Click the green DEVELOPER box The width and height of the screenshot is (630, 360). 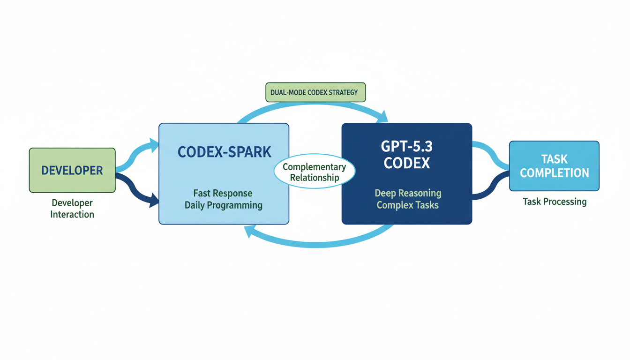(72, 170)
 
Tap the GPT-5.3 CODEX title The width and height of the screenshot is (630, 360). (406, 154)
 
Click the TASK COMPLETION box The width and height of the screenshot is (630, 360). (554, 166)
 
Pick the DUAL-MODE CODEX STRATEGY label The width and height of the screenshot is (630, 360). (315, 92)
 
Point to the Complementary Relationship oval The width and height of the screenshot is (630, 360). (315, 172)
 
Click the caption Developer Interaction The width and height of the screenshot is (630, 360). (72, 209)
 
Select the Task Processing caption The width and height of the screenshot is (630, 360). (555, 202)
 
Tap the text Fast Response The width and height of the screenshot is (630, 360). (223, 193)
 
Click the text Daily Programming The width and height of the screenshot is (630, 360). (223, 205)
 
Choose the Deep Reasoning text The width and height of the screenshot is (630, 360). (408, 193)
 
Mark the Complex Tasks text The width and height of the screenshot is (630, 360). (408, 205)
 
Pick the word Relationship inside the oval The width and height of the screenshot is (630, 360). (315, 178)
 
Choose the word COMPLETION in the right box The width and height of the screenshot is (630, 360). (554, 173)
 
